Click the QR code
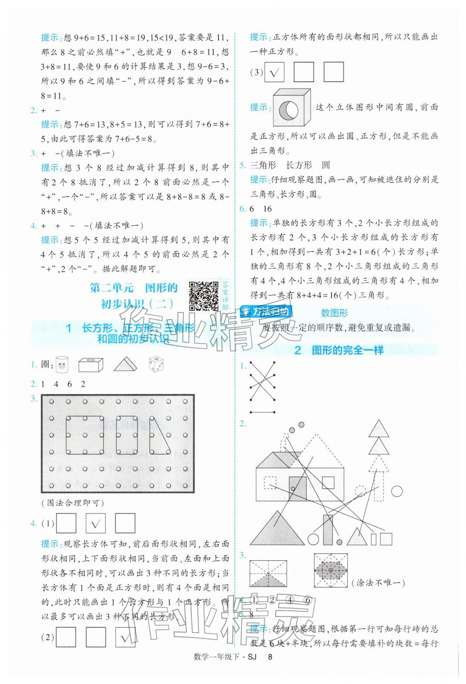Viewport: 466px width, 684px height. click(204, 296)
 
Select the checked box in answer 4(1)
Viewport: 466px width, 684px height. click(96, 523)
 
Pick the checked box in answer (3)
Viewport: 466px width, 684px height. click(274, 72)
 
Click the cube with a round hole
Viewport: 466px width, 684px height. click(291, 108)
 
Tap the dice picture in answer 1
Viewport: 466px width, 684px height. click(157, 364)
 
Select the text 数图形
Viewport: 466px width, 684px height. click(334, 313)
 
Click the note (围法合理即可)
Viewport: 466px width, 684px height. click(73, 503)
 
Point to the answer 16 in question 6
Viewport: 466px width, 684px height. click(267, 209)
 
